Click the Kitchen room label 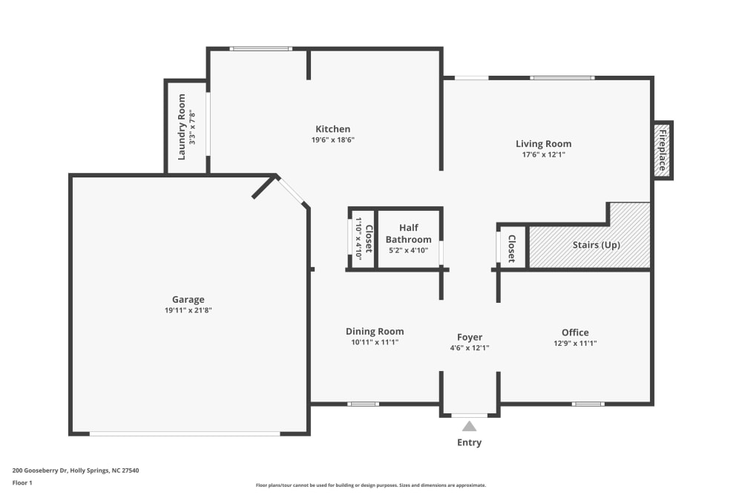pyautogui.click(x=332, y=129)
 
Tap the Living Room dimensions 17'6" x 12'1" pyautogui.click(x=543, y=155)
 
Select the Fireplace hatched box pyautogui.click(x=663, y=151)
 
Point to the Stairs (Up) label pyautogui.click(x=596, y=245)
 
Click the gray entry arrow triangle pyautogui.click(x=469, y=426)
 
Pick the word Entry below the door pyautogui.click(x=469, y=442)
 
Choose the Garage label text pyautogui.click(x=188, y=300)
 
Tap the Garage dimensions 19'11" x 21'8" pyautogui.click(x=188, y=310)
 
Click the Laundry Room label pyautogui.click(x=181, y=127)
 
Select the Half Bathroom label pyautogui.click(x=408, y=234)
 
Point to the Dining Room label pyautogui.click(x=375, y=332)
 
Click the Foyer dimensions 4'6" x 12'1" pyautogui.click(x=470, y=347)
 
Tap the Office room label pyautogui.click(x=575, y=332)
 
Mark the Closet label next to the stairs pyautogui.click(x=511, y=249)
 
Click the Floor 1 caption pyautogui.click(x=22, y=482)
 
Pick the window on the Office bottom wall pyautogui.click(x=587, y=404)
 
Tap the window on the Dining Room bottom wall pyautogui.click(x=363, y=404)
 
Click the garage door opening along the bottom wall pyautogui.click(x=185, y=433)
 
